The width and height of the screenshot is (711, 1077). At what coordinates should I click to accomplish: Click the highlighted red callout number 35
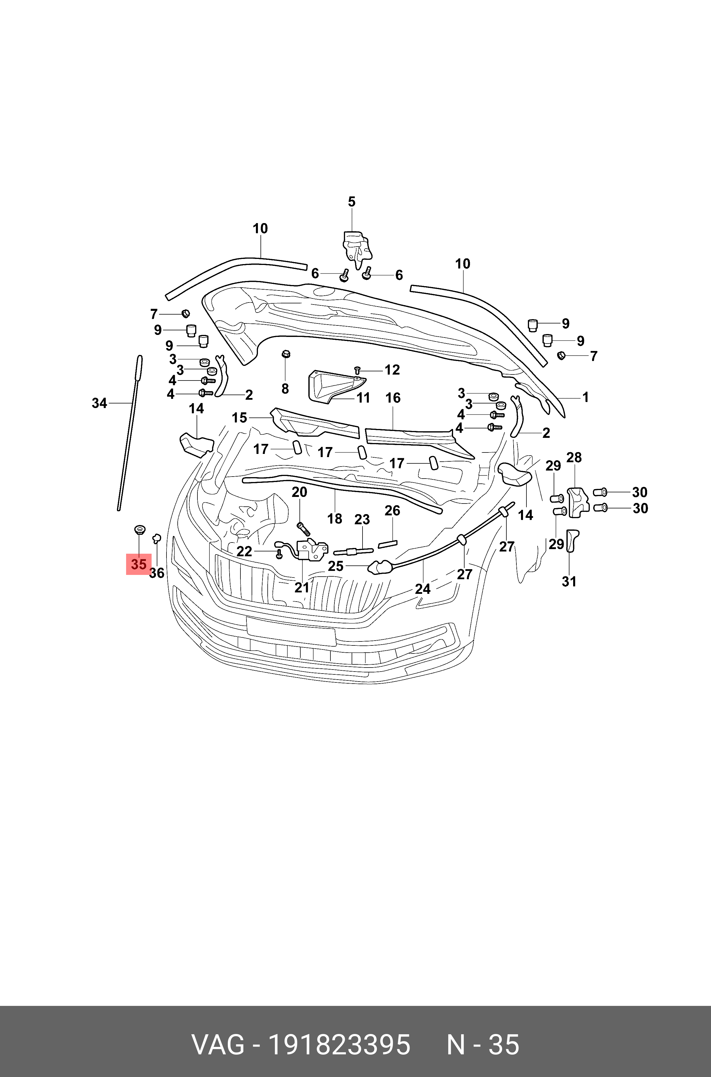[139, 564]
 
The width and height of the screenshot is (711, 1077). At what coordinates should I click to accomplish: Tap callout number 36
[157, 573]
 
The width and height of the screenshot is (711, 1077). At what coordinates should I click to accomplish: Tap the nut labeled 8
[286, 354]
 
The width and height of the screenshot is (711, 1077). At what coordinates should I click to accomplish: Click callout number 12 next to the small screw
[392, 370]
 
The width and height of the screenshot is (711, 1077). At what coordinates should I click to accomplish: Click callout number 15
[239, 417]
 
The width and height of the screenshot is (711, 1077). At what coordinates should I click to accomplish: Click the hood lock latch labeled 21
[312, 550]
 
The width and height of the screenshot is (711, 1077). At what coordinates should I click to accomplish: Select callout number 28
[574, 457]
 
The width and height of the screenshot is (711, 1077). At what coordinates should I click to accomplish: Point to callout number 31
[569, 581]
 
